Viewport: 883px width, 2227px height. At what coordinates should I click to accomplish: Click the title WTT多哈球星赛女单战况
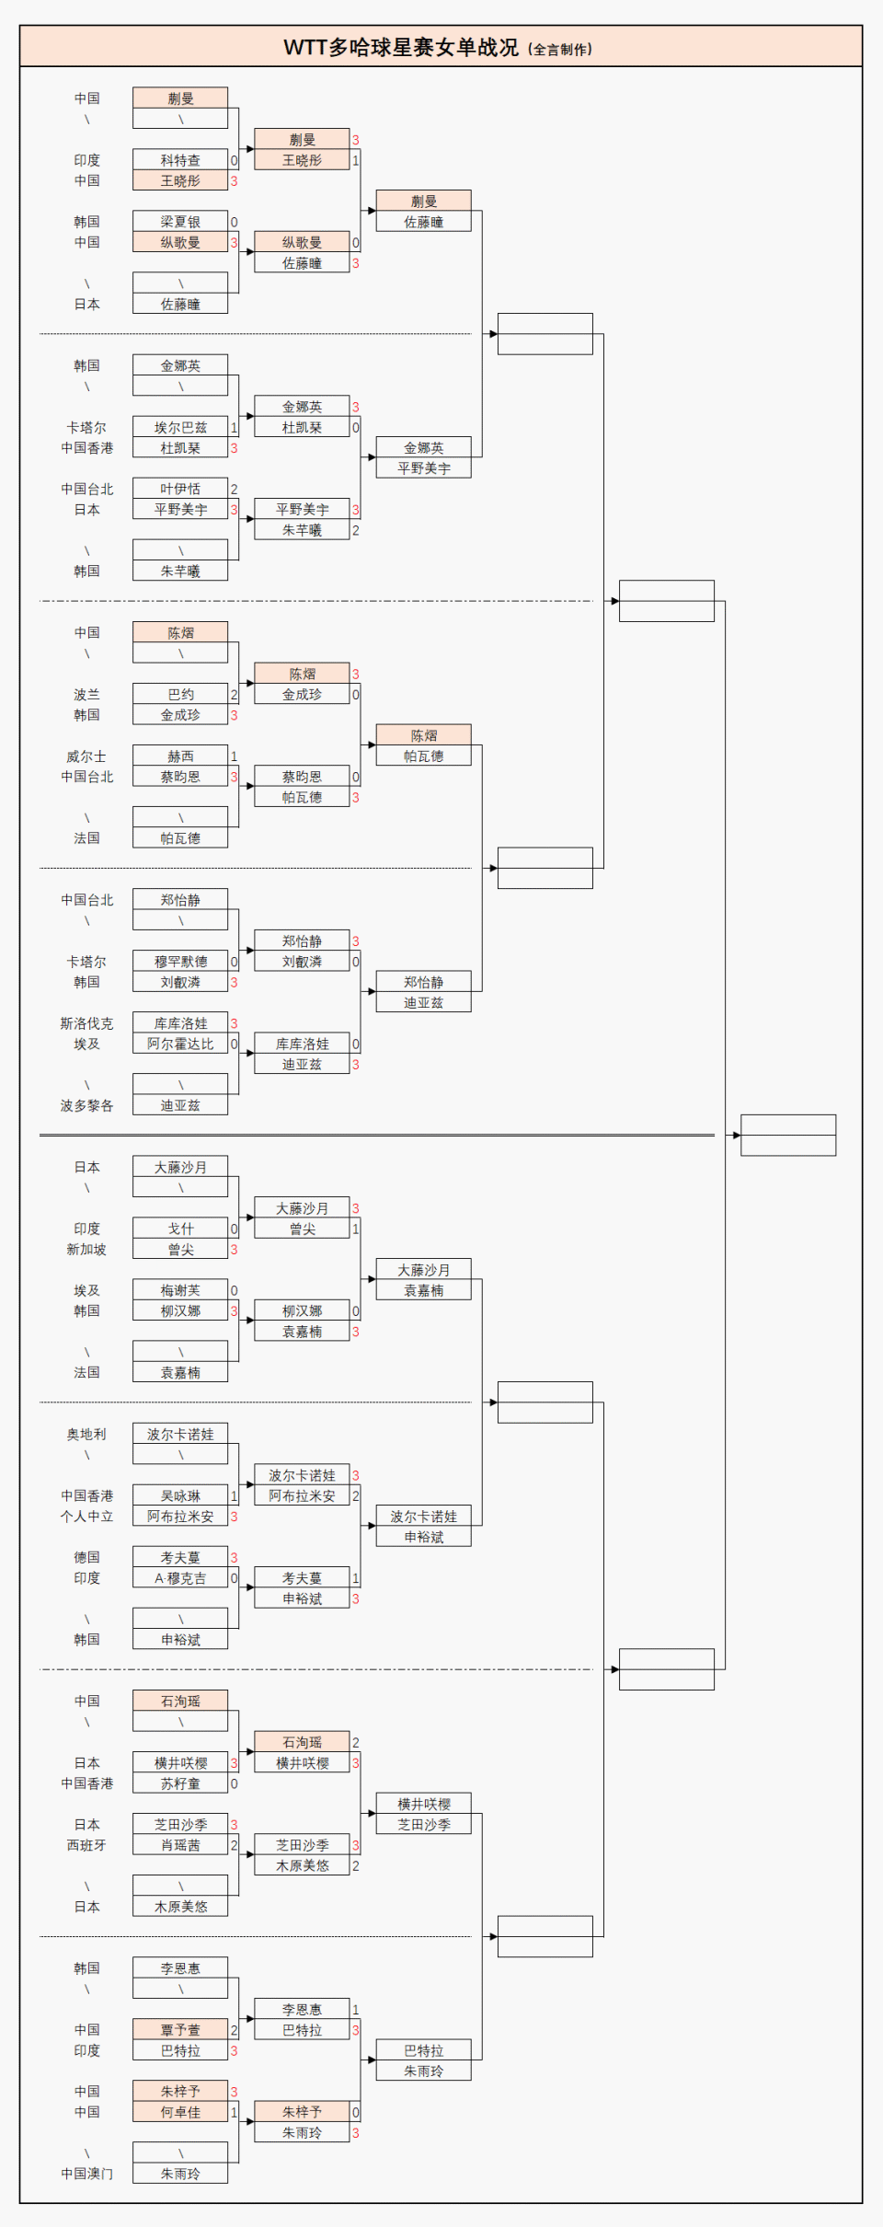pyautogui.click(x=401, y=47)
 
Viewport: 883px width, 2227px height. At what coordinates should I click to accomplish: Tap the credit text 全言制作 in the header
pyautogui.click(x=560, y=50)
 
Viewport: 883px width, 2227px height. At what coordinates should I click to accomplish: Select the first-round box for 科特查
pyautogui.click(x=180, y=160)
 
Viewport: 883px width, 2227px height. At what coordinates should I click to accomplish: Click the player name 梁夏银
pyautogui.click(x=180, y=222)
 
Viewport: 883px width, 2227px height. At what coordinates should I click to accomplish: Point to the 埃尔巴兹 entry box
pyautogui.click(x=180, y=428)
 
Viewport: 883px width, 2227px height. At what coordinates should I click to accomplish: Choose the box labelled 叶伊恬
pyautogui.click(x=180, y=489)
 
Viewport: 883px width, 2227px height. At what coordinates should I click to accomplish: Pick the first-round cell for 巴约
pyautogui.click(x=180, y=695)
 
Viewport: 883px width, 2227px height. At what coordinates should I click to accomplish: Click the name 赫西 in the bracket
pyautogui.click(x=180, y=756)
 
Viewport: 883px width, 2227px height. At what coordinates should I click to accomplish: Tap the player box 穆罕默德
pyautogui.click(x=180, y=962)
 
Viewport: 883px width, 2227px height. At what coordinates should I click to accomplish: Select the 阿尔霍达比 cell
pyautogui.click(x=180, y=1044)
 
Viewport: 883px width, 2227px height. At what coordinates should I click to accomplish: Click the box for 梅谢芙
pyautogui.click(x=180, y=1290)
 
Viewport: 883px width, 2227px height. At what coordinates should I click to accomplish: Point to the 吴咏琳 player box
pyautogui.click(x=180, y=1496)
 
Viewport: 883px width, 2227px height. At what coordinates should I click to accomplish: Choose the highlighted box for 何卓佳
pyautogui.click(x=180, y=2112)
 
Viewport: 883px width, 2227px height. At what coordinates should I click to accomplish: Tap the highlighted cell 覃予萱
pyautogui.click(x=180, y=2030)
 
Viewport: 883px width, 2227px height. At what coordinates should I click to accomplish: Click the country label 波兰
pyautogui.click(x=86, y=695)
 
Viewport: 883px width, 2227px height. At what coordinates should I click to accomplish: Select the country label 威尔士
pyautogui.click(x=86, y=756)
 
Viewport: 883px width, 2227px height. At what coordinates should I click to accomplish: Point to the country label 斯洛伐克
pyautogui.click(x=86, y=1023)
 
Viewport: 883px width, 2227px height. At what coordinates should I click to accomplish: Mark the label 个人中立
pyautogui.click(x=86, y=1517)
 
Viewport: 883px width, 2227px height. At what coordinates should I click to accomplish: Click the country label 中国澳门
pyautogui.click(x=86, y=2174)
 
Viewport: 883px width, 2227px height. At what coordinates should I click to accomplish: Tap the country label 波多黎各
pyautogui.click(x=86, y=1106)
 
